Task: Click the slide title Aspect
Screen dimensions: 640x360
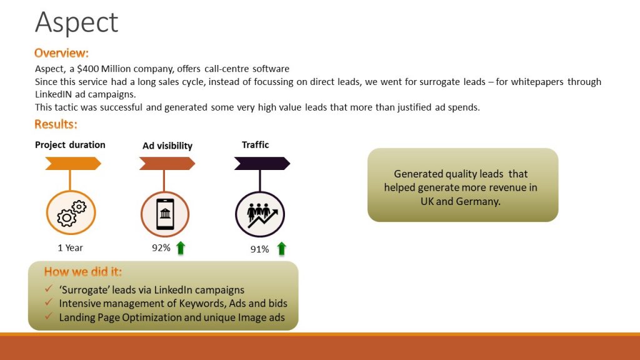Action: [x=76, y=23]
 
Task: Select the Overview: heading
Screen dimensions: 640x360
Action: [x=61, y=53]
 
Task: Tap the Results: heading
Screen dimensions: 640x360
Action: [x=56, y=124]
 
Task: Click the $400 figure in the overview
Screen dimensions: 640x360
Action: [x=87, y=69]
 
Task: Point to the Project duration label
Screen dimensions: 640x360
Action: [x=70, y=145]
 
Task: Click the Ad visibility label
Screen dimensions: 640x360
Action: [x=167, y=146]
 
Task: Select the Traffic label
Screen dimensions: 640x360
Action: [x=255, y=145]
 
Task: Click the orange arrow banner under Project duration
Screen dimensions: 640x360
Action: [x=73, y=164]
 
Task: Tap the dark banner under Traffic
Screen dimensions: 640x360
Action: [x=262, y=164]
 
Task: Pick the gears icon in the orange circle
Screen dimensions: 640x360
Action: [x=71, y=213]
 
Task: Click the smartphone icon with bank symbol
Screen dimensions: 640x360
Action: [x=165, y=214]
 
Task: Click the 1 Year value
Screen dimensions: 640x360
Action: [x=70, y=247]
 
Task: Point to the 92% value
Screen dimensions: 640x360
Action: [x=161, y=247]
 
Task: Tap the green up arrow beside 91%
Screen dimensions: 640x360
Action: [x=281, y=249]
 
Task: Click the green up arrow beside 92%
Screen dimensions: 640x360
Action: [x=181, y=247]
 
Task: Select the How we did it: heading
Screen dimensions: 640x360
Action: [x=83, y=272]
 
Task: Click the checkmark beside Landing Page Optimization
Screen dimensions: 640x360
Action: [x=49, y=316]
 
